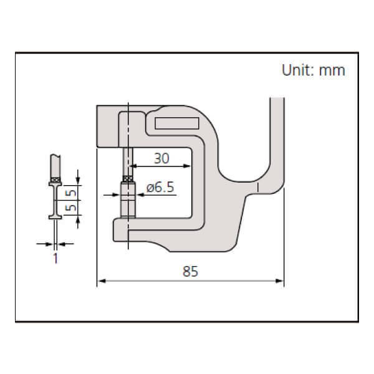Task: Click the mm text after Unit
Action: pyautogui.click(x=333, y=70)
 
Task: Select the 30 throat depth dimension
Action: pyautogui.click(x=161, y=159)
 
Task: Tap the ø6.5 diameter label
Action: pyautogui.click(x=160, y=188)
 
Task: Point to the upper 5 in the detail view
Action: pyautogui.click(x=72, y=185)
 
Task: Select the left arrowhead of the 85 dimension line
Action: pyautogui.click(x=101, y=282)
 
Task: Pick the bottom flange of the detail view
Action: pyautogui.click(x=55, y=218)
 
